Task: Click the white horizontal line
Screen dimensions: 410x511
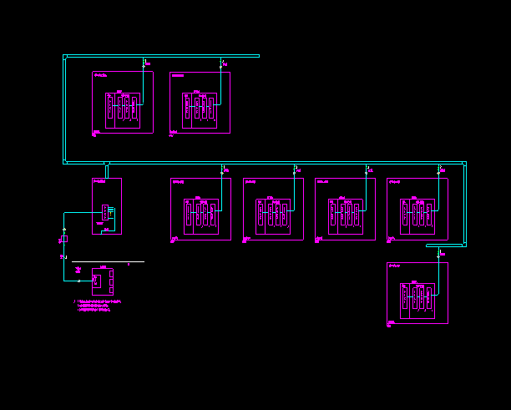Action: tap(109, 261)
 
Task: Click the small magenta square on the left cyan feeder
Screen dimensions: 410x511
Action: tap(64, 239)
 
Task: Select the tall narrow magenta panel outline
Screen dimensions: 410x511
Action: tap(107, 205)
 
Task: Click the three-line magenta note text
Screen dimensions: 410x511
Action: tap(99, 305)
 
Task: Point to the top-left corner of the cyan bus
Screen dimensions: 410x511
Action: tap(65, 57)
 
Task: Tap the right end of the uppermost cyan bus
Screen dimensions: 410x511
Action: tap(258, 56)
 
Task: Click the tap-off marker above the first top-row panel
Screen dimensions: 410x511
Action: tap(144, 62)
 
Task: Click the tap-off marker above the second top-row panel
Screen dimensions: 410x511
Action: tap(221, 62)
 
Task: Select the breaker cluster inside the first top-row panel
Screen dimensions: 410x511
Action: tap(122, 108)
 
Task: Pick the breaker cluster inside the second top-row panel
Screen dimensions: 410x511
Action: tap(200, 108)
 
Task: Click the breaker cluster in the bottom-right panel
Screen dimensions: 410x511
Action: tap(417, 299)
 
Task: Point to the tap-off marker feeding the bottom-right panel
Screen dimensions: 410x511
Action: tap(439, 252)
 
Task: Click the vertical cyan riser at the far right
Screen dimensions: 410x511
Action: tap(464, 205)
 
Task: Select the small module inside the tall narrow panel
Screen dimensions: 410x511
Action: tap(107, 211)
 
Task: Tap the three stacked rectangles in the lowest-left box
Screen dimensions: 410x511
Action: tap(111, 281)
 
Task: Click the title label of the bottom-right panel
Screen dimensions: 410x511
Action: tap(395, 266)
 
